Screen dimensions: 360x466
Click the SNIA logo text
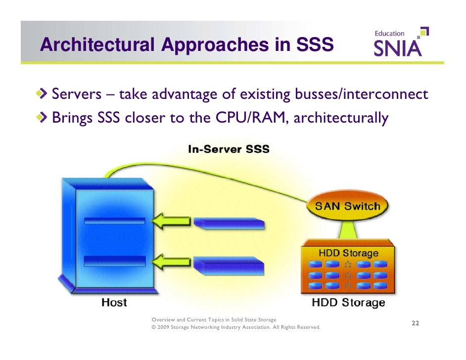coord(397,48)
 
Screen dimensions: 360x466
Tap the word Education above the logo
coord(389,33)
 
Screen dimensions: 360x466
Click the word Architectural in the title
coord(97,45)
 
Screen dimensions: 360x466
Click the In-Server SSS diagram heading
coord(229,149)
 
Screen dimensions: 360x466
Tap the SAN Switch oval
coord(347,206)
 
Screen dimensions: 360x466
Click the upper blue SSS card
coord(229,224)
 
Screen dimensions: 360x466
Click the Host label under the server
coord(114,302)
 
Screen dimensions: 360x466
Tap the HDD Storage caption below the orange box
coord(348,303)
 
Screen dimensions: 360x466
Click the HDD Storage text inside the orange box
coord(348,253)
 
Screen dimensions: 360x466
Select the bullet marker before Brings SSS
coord(45,118)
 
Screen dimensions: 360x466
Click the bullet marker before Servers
coord(45,93)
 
